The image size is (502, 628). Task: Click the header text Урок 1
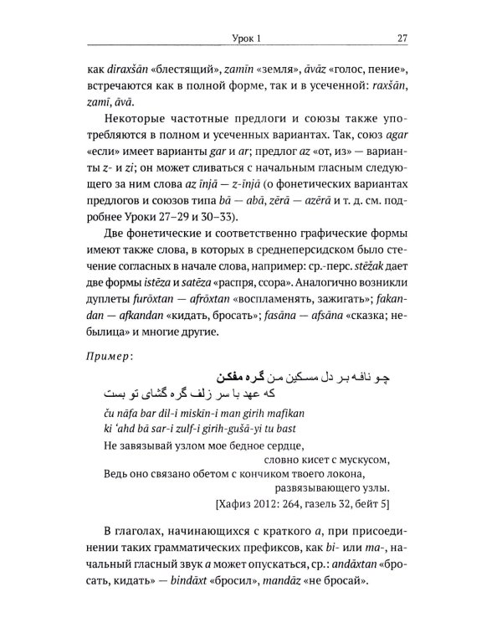click(250, 37)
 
